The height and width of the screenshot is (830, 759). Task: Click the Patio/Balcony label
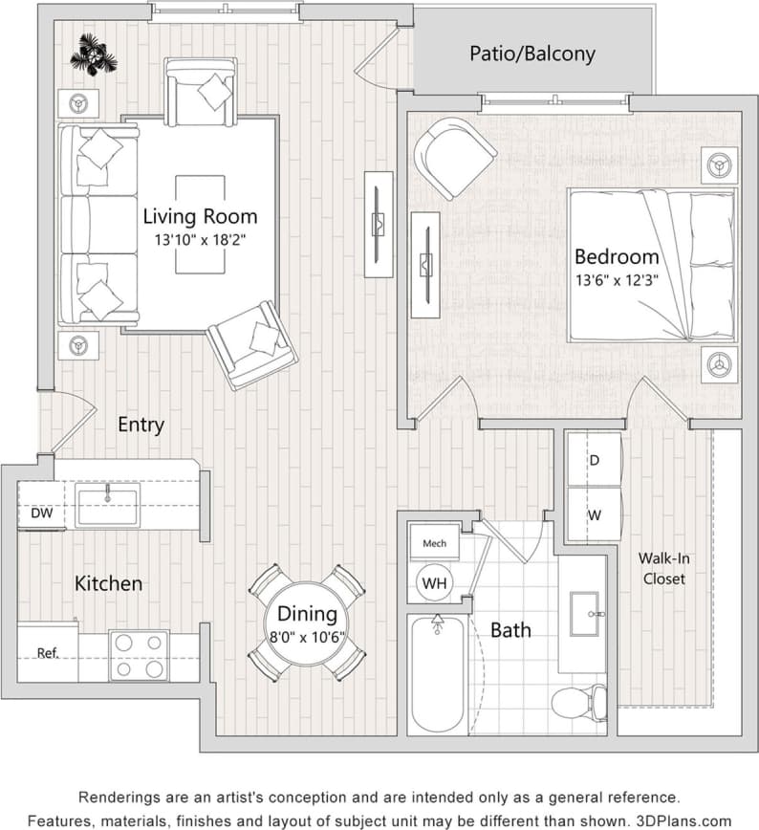pos(531,53)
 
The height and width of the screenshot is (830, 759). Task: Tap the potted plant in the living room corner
pos(94,55)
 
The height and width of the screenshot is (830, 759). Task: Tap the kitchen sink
pos(108,504)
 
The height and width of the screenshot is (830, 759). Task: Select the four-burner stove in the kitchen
pos(139,655)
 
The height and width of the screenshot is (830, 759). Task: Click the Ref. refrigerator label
pos(48,654)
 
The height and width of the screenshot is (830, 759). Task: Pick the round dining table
pos(307,621)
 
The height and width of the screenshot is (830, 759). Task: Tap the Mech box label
pos(434,543)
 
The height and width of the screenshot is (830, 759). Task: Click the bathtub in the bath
pos(438,674)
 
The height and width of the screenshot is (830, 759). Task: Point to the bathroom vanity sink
pos(582,613)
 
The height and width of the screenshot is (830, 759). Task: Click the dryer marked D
pos(594,460)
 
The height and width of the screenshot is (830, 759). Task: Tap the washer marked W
pos(594,515)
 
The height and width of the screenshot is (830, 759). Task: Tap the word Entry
pos(141,425)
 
